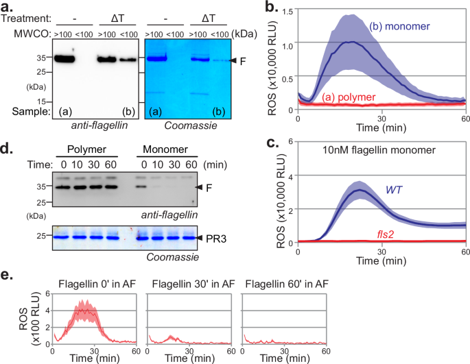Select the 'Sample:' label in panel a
click(21, 110)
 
